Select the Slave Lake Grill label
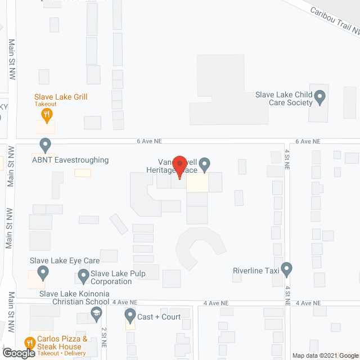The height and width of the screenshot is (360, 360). [61, 97]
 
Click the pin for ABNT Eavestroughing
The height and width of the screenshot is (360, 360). [45, 145]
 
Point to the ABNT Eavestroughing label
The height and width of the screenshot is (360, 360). [71, 160]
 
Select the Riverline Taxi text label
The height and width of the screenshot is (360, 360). [256, 271]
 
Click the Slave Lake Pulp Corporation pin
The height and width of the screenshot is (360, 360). [84, 276]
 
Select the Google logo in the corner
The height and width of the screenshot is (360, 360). [18, 353]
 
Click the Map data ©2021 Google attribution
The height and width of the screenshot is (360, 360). [324, 355]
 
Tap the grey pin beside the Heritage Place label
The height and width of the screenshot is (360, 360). [205, 164]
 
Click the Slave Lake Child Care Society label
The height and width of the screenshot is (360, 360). [284, 98]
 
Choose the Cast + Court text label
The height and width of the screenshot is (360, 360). [159, 317]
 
